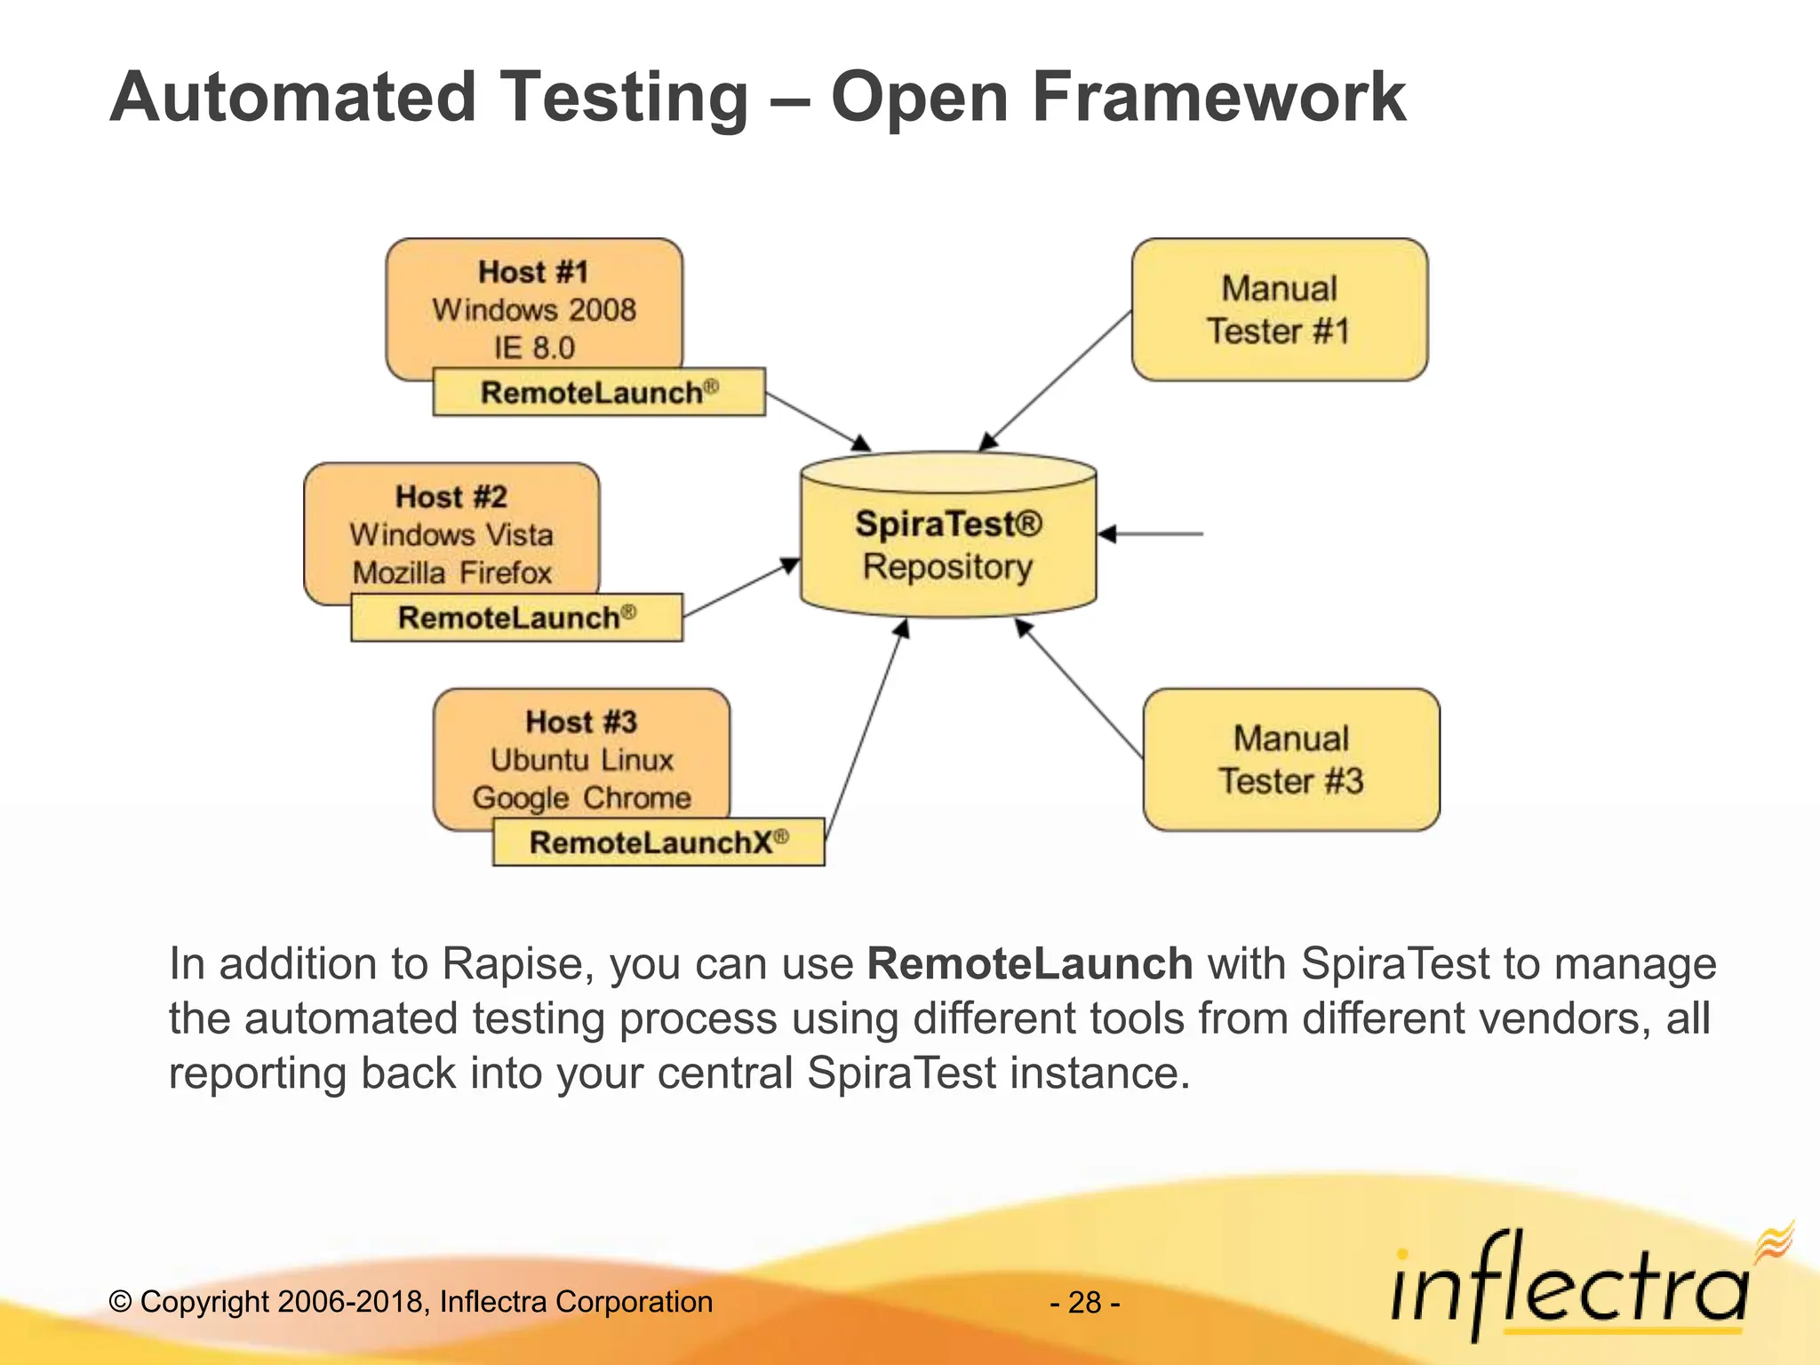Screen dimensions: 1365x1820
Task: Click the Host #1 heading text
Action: [x=533, y=272]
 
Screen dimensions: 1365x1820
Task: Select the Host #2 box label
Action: [x=451, y=497]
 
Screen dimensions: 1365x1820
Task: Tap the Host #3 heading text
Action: [x=581, y=722]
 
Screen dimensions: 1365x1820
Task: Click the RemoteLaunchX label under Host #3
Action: [x=659, y=842]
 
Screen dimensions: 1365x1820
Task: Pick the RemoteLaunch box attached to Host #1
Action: [x=599, y=392]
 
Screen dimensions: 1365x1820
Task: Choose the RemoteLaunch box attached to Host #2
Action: [x=516, y=618]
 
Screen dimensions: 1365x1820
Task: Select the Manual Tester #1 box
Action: [x=1279, y=309]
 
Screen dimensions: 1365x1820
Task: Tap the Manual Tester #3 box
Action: [x=1290, y=760]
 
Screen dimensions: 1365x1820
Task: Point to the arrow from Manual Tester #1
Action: [x=1058, y=380]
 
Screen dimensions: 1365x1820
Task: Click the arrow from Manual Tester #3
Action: [x=1079, y=688]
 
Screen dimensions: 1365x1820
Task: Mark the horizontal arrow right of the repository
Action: [x=1151, y=534]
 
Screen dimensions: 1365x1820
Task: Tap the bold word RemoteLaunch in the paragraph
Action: [x=1029, y=964]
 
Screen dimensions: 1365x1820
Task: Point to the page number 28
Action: [x=1085, y=1303]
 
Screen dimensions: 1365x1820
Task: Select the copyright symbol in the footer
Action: [x=120, y=1303]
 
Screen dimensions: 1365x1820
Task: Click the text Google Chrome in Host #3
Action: [x=581, y=798]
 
